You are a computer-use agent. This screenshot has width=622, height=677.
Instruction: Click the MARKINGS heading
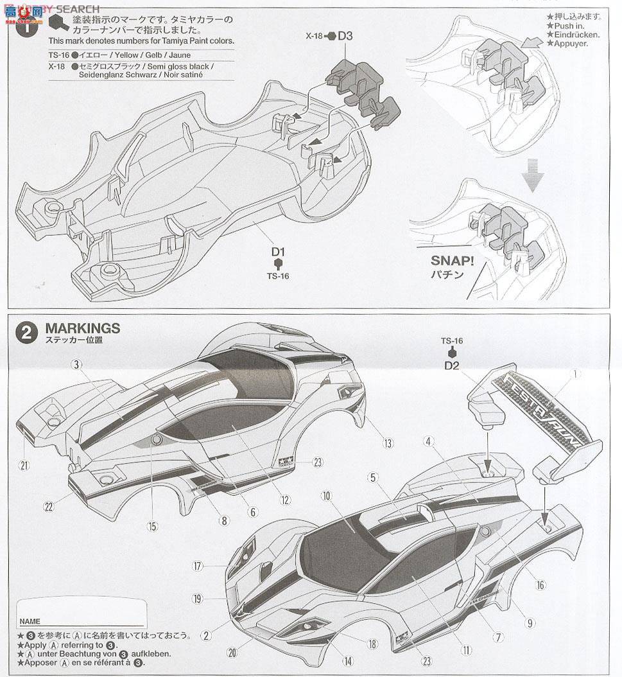click(x=82, y=328)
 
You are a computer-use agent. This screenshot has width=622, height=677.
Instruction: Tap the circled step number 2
click(x=26, y=332)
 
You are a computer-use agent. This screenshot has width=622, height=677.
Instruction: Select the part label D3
click(x=345, y=35)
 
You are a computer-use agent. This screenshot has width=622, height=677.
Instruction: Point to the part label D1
click(x=277, y=252)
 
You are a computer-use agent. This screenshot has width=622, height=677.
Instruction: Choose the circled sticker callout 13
click(x=388, y=443)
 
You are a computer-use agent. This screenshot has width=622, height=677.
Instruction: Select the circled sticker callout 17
click(x=197, y=566)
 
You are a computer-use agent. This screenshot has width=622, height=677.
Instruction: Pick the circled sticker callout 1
click(x=576, y=373)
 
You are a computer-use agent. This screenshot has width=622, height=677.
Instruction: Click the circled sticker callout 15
click(x=152, y=525)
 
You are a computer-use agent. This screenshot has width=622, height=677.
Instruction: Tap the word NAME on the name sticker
click(x=30, y=621)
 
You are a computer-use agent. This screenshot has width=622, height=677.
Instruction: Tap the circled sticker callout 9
click(x=530, y=622)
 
